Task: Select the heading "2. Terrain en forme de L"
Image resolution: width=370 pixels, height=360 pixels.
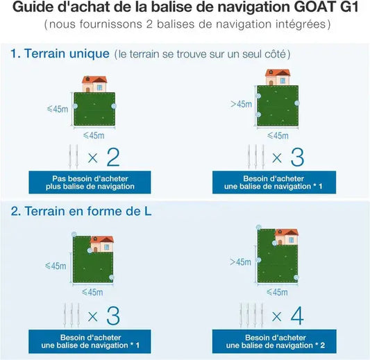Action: (x=81, y=211)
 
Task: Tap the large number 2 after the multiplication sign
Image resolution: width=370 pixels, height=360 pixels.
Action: (x=112, y=157)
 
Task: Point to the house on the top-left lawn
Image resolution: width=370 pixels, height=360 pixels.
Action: (x=94, y=84)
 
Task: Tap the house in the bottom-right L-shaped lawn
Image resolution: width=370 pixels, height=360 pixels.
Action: (x=286, y=238)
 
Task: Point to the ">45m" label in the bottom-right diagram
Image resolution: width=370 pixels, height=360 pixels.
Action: (x=239, y=262)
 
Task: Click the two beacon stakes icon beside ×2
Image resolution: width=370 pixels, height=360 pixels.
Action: (x=72, y=156)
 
